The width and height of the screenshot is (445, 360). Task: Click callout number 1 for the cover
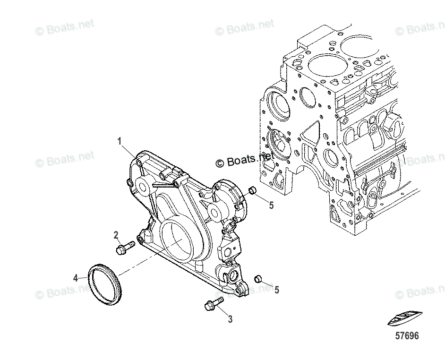click(120, 141)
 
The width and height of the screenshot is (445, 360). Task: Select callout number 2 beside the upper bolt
click(115, 235)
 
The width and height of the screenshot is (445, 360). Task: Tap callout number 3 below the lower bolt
click(230, 319)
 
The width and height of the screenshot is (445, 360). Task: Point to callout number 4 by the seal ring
click(76, 278)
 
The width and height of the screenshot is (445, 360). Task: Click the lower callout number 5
click(276, 290)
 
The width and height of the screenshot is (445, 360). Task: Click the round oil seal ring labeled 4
click(106, 285)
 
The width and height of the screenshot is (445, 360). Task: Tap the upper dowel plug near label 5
click(252, 190)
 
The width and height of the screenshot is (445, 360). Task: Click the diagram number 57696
click(407, 336)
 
